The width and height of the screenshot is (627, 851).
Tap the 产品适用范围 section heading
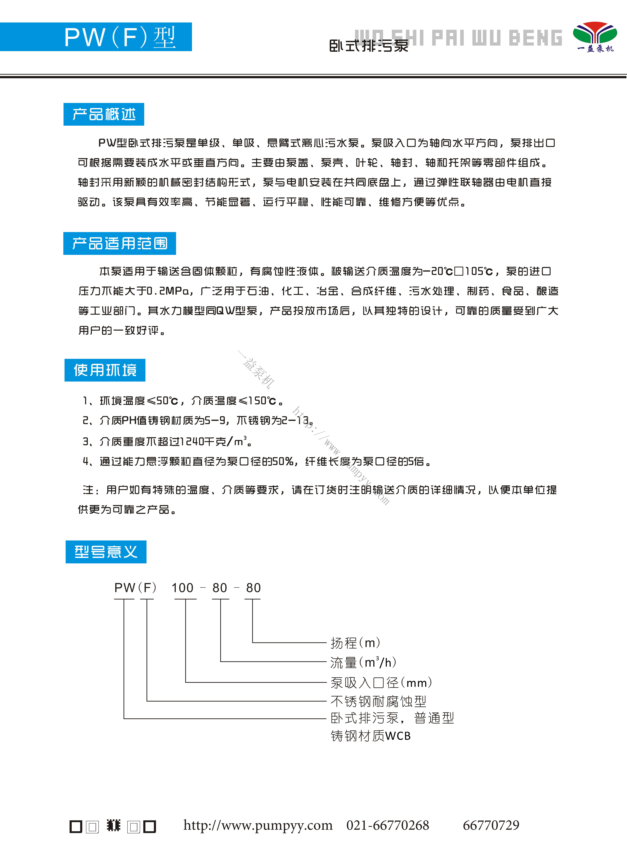pyautogui.click(x=120, y=243)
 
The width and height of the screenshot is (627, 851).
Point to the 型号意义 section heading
pyautogui.click(x=106, y=552)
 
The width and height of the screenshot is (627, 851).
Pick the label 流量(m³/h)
pyautogui.click(x=363, y=662)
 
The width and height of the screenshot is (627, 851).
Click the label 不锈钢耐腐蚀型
pyautogui.click(x=378, y=701)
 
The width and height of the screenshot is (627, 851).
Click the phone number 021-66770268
pyautogui.click(x=388, y=825)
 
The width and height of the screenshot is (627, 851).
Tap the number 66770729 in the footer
pyautogui.click(x=491, y=825)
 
